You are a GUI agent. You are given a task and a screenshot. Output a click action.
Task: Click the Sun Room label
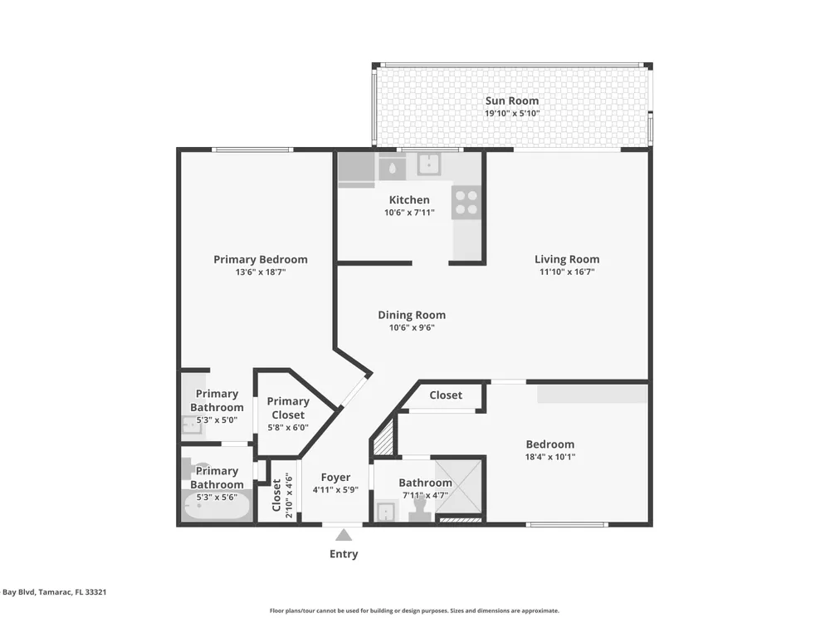click(512, 101)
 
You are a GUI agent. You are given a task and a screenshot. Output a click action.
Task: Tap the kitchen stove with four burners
click(466, 203)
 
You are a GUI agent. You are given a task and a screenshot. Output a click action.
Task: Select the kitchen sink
click(429, 164)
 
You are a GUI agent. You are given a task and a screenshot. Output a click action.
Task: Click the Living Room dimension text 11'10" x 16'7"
click(567, 272)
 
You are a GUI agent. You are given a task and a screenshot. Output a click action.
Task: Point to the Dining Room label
click(412, 315)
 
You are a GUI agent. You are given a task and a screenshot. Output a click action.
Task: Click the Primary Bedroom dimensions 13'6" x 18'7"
click(261, 272)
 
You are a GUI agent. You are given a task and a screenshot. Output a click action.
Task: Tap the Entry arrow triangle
click(344, 534)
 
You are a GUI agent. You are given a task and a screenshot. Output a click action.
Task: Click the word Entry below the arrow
click(344, 554)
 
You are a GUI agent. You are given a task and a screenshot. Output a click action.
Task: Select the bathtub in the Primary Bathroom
click(216, 506)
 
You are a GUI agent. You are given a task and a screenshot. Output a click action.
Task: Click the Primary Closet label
click(288, 408)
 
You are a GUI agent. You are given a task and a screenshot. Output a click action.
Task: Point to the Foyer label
click(335, 478)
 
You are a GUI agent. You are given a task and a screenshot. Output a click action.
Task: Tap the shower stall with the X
click(458, 487)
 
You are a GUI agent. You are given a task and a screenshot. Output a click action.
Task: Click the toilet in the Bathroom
click(419, 510)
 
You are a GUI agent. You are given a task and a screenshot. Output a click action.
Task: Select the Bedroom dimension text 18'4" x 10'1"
click(550, 457)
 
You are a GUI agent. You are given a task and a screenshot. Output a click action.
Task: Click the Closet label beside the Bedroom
click(446, 395)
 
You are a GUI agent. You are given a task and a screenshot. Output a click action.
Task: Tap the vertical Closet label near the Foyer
click(276, 495)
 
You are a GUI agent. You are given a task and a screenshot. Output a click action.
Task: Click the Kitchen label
click(409, 199)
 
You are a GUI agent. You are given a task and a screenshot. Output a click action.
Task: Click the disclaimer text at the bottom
click(414, 611)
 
